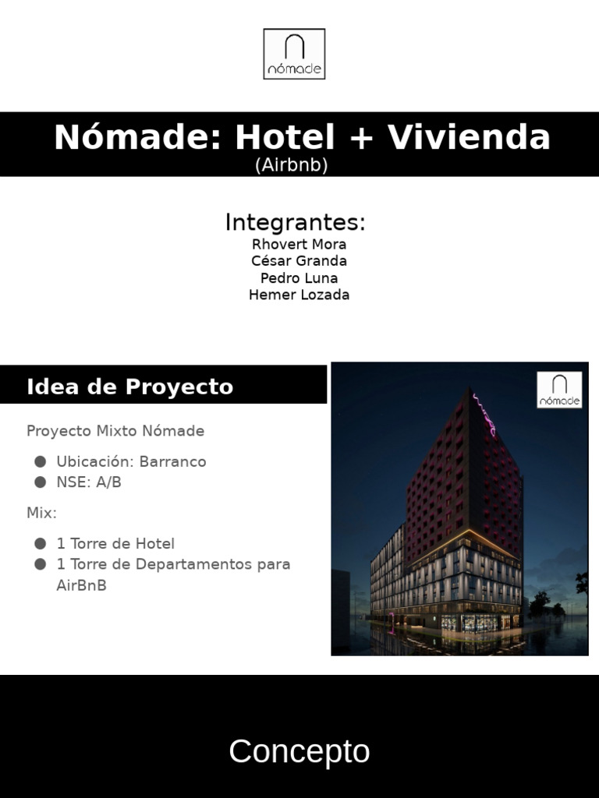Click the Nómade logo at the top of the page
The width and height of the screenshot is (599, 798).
pyautogui.click(x=294, y=54)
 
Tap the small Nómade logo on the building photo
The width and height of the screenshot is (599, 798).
pyautogui.click(x=559, y=390)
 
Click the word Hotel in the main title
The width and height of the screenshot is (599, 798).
pyautogui.click(x=285, y=138)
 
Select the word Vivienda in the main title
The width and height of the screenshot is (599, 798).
pyautogui.click(x=470, y=138)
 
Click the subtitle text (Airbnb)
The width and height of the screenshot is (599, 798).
pyautogui.click(x=291, y=165)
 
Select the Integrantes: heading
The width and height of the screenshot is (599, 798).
pyautogui.click(x=296, y=223)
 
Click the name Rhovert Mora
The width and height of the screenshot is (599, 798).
pyautogui.click(x=299, y=244)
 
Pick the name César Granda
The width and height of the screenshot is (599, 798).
pyautogui.click(x=299, y=261)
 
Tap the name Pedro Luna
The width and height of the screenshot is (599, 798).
pyautogui.click(x=299, y=278)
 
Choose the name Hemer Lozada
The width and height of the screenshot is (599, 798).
pyautogui.click(x=299, y=295)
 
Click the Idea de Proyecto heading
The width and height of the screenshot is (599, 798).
pyautogui.click(x=129, y=387)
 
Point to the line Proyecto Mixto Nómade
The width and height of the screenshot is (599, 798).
pyautogui.click(x=115, y=431)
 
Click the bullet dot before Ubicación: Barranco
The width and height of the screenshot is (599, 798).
pyautogui.click(x=40, y=461)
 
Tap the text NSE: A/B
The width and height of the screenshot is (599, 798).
pyautogui.click(x=89, y=482)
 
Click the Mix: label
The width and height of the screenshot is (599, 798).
pyautogui.click(x=41, y=513)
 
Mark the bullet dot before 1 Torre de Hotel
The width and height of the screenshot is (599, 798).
pyautogui.click(x=40, y=543)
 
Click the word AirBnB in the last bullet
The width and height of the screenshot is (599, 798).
pyautogui.click(x=81, y=585)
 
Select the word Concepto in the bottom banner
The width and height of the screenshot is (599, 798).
pyautogui.click(x=299, y=752)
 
